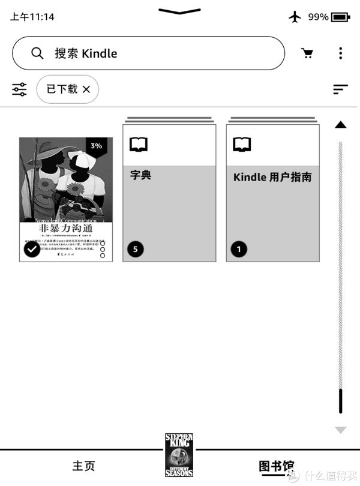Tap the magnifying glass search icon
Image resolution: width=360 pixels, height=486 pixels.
coord(37,53)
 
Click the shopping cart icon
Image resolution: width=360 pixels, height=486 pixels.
coord(307,53)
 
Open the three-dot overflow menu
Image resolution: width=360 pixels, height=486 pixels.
coord(340,53)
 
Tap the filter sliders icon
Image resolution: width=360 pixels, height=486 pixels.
coord(19,89)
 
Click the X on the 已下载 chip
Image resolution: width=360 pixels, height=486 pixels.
coord(86,89)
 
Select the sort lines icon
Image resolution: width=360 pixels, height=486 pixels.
coord(340,89)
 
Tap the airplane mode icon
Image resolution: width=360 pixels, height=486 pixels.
coord(295,17)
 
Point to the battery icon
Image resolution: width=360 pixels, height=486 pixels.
coord(340,17)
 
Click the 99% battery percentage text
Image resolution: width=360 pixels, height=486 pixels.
coord(318,17)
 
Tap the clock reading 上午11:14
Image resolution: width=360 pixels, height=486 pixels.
coord(32,17)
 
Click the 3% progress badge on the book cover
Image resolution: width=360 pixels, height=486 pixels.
coord(96,146)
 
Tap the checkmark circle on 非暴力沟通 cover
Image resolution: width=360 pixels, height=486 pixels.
coord(32,249)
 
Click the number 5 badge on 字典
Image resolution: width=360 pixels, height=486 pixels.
coord(136,249)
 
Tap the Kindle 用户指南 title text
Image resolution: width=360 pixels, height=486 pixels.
coord(272,178)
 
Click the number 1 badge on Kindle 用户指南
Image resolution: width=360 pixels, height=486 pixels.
coord(239,249)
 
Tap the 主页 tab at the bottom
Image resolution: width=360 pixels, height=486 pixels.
coord(83,466)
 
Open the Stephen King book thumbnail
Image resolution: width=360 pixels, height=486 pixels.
coord(179,454)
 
